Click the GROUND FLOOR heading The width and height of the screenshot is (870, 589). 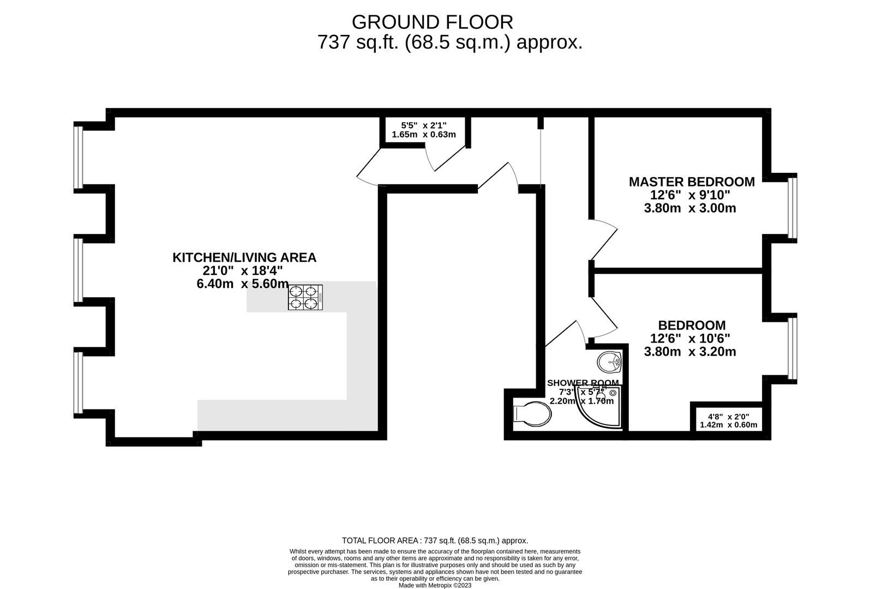click(432, 22)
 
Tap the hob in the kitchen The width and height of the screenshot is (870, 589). click(305, 298)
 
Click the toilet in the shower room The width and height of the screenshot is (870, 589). click(532, 413)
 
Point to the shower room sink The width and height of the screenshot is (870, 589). click(609, 361)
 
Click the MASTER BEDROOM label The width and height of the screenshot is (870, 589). click(691, 182)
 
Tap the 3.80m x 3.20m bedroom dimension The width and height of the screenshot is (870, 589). click(689, 352)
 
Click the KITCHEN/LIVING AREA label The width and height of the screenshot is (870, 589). click(244, 257)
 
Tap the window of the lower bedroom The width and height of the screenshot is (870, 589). click(793, 348)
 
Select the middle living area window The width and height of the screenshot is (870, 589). click(79, 270)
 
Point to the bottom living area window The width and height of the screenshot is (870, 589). click(79, 382)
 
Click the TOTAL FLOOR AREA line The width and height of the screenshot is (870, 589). click(435, 540)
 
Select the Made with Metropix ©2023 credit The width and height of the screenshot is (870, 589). click(435, 585)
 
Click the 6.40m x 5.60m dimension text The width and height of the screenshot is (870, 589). click(242, 284)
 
